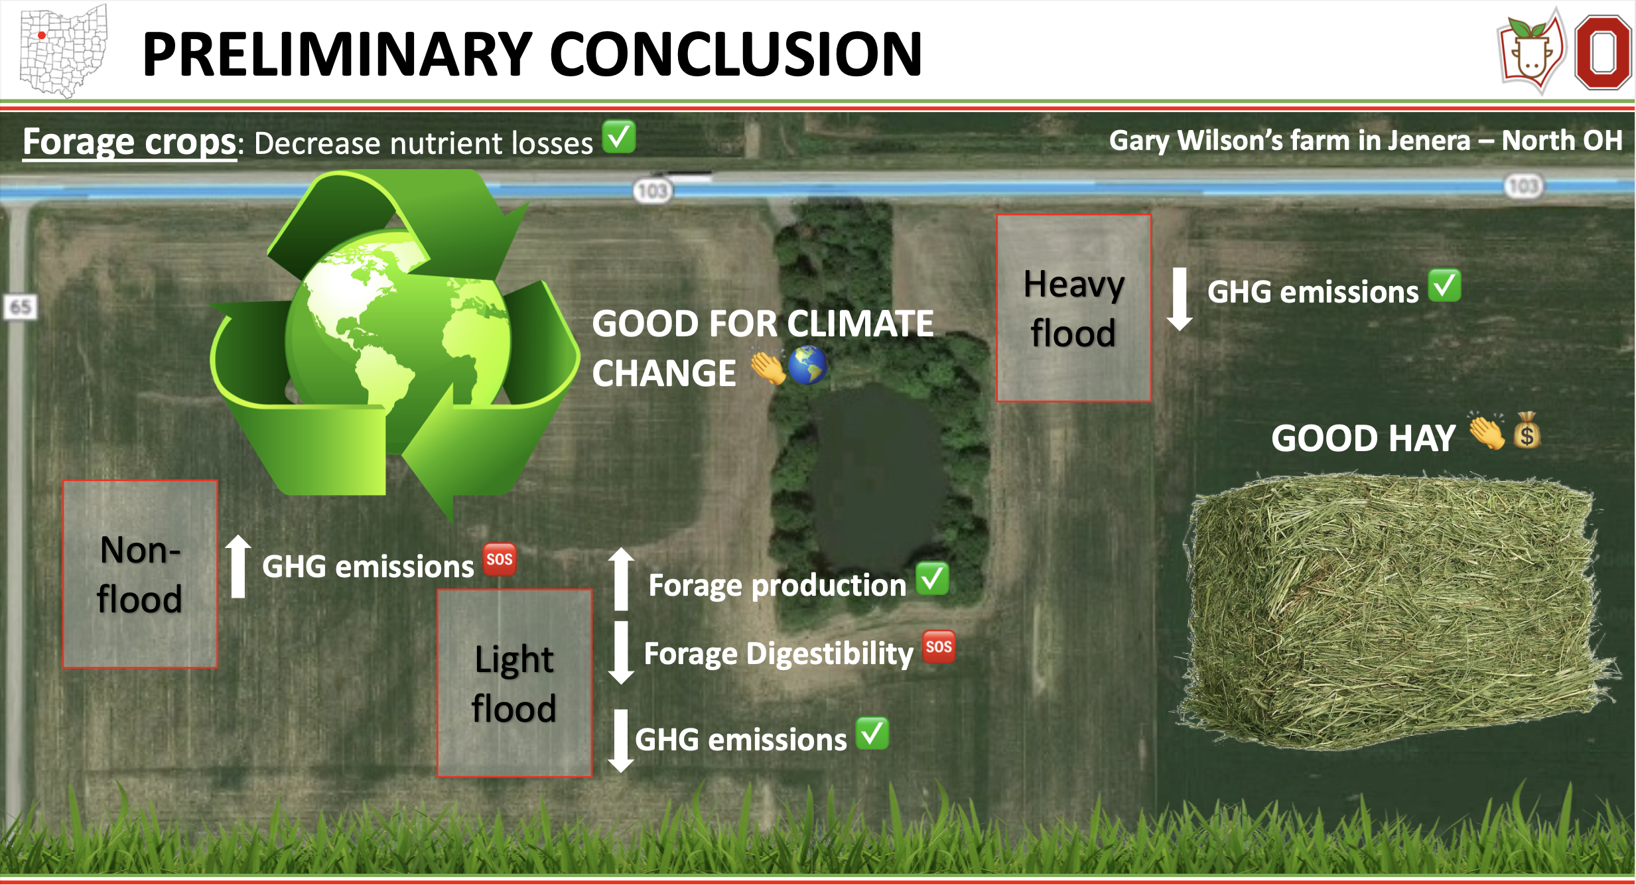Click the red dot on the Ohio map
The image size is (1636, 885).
click(42, 36)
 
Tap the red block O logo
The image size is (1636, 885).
click(1603, 53)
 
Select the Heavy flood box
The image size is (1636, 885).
click(1074, 308)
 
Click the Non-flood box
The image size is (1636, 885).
click(140, 574)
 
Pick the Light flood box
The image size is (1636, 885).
click(514, 683)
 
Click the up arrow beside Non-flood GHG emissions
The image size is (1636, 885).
click(238, 566)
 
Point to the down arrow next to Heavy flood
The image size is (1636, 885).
click(1180, 299)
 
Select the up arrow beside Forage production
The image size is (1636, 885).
click(621, 579)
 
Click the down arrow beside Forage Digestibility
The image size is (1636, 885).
click(621, 653)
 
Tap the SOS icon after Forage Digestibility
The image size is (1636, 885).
click(939, 647)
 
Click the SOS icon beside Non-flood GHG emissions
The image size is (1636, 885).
click(500, 559)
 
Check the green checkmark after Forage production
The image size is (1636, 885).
click(932, 579)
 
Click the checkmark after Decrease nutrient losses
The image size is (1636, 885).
click(619, 137)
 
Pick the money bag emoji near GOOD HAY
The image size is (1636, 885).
click(1527, 431)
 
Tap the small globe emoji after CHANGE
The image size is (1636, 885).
click(807, 366)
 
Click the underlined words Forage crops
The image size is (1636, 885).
click(129, 142)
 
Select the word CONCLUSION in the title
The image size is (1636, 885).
click(736, 54)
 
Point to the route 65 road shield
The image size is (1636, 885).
click(21, 306)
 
